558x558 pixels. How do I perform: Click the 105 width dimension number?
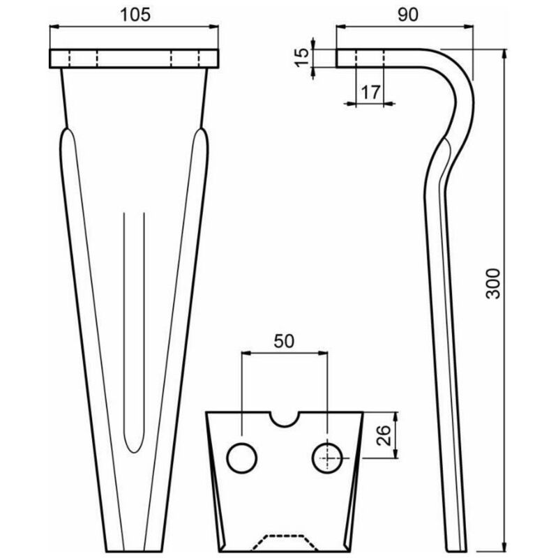tap(135, 15)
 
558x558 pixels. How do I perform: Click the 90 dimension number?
tap(408, 15)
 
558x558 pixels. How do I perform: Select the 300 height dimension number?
tap(493, 283)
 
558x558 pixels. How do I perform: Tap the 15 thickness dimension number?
tap(302, 57)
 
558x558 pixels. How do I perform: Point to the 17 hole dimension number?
tap(371, 93)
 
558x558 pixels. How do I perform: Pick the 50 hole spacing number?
tap(285, 341)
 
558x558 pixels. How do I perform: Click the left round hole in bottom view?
tap(242, 458)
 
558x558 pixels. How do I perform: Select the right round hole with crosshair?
tap(327, 458)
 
